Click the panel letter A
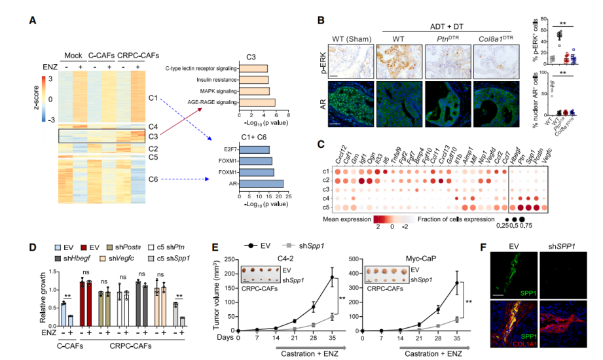point(32,21)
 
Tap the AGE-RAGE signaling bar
point(257,102)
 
